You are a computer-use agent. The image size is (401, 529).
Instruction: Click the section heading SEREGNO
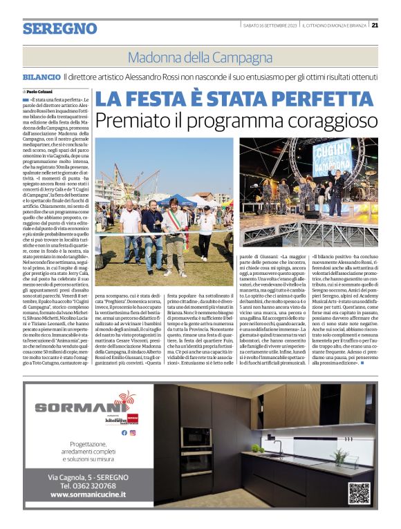pyautogui.click(x=59, y=28)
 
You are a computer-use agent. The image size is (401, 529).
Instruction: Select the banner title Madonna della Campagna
pyautogui.click(x=200, y=57)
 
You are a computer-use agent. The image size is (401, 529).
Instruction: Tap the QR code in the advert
pyautogui.click(x=359, y=493)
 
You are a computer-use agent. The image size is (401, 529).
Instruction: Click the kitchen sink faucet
pyautogui.click(x=281, y=447)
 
